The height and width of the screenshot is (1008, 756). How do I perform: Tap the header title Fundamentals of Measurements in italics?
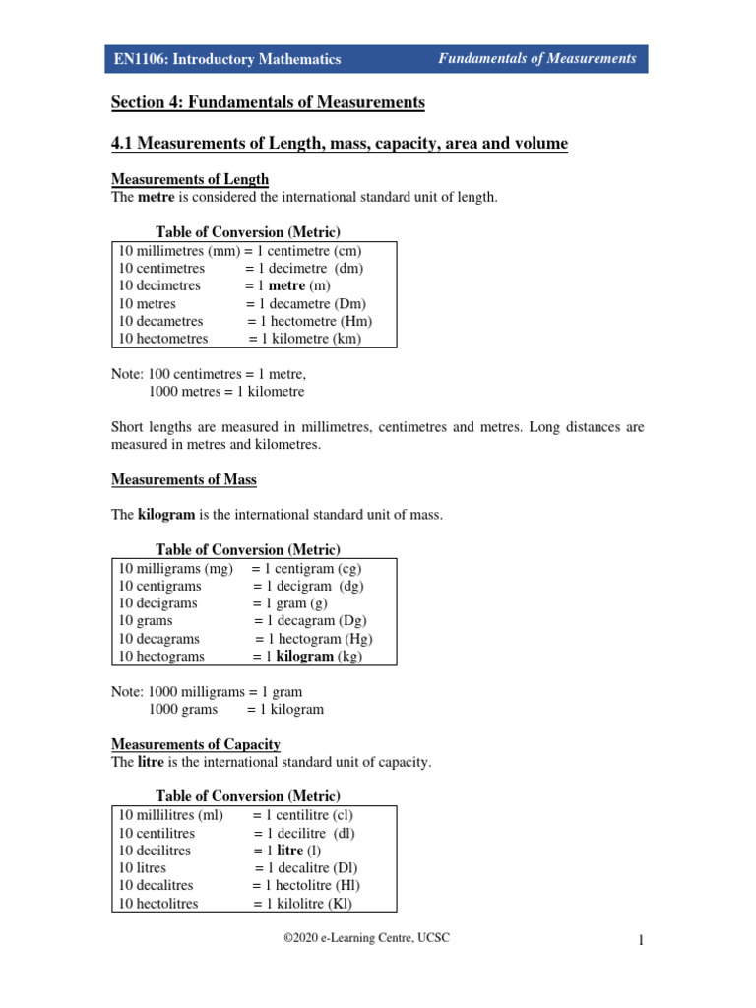[536, 58]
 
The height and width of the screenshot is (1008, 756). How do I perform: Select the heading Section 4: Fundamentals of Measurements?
[267, 102]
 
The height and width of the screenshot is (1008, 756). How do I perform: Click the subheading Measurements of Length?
[189, 179]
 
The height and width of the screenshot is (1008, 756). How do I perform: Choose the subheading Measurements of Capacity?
[195, 744]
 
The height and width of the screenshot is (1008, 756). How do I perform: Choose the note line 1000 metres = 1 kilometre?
[226, 391]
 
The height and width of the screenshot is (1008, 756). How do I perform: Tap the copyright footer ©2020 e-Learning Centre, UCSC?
[366, 938]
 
